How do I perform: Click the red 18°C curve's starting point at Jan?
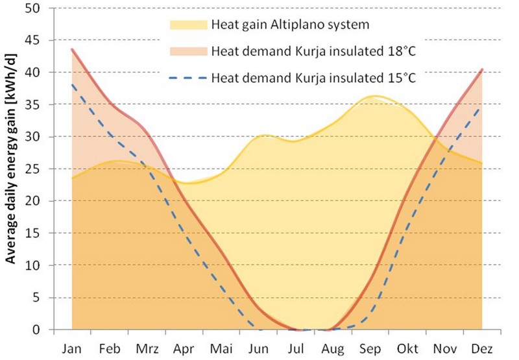coord(72,49)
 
